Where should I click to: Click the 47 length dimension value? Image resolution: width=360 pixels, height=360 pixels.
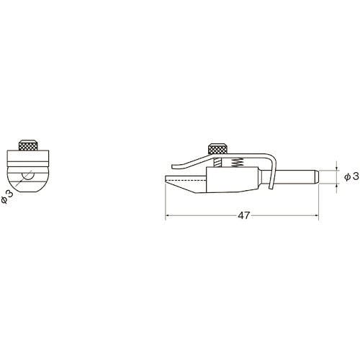pyautogui.click(x=244, y=215)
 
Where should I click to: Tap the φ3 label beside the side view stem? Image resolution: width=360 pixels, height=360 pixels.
pyautogui.click(x=351, y=177)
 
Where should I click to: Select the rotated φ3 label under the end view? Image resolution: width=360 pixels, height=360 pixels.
pyautogui.click(x=7, y=197)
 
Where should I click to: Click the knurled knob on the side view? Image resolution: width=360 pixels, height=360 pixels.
pyautogui.click(x=217, y=149)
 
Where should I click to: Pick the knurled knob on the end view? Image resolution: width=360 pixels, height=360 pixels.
pyautogui.click(x=28, y=145)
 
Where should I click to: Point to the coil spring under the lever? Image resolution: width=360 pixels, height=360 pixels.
pyautogui.click(x=237, y=162)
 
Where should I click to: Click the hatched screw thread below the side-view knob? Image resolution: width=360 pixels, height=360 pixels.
pyautogui.click(x=217, y=163)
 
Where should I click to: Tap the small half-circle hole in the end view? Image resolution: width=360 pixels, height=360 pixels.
pyautogui.click(x=28, y=176)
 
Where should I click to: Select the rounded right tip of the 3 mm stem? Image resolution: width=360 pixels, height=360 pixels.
pyautogui.click(x=316, y=177)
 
